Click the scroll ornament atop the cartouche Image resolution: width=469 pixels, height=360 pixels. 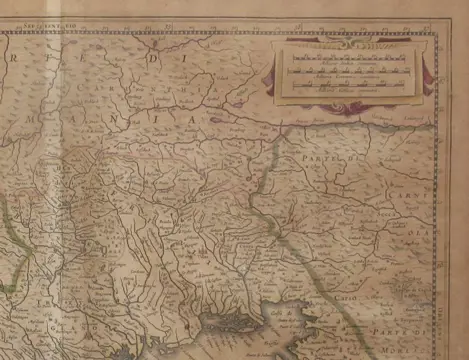point(351,40)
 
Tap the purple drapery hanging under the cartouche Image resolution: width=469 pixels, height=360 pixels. point(350,103)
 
